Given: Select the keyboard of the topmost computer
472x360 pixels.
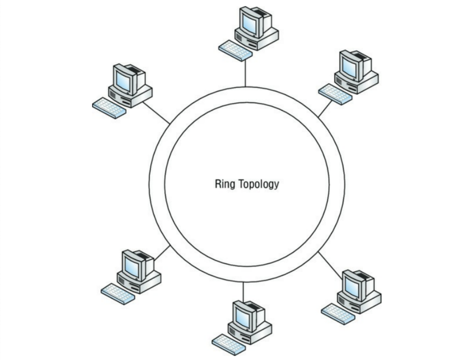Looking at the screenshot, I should pyautogui.click(x=235, y=50).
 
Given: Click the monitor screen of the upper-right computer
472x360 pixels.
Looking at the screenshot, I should pyautogui.click(x=349, y=64).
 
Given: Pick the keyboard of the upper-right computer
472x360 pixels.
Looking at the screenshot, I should pyautogui.click(x=335, y=94).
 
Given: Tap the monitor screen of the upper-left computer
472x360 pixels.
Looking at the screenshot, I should pyautogui.click(x=123, y=78).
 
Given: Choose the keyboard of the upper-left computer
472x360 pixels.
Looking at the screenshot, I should pyautogui.click(x=109, y=107).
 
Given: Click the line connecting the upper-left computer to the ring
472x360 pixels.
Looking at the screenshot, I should pyautogui.click(x=156, y=112).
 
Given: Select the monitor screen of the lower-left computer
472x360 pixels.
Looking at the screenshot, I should pyautogui.click(x=132, y=264).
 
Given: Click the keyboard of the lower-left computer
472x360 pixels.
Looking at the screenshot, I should pyautogui.click(x=118, y=293).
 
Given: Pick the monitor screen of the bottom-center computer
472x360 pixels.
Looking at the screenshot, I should pyautogui.click(x=243, y=316).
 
